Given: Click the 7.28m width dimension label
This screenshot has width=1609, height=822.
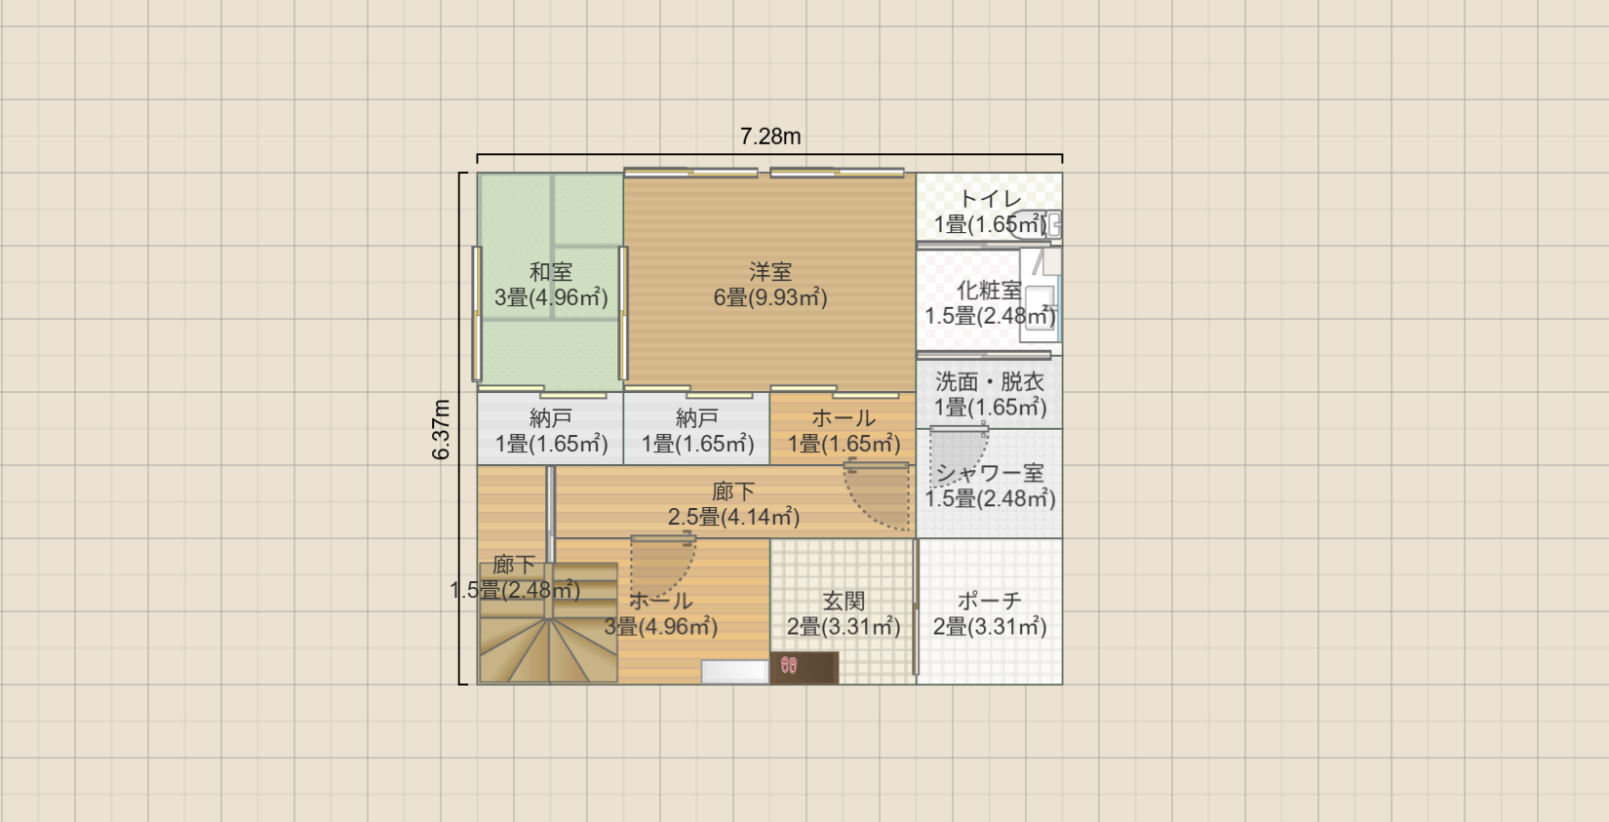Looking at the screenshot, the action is click(x=770, y=136).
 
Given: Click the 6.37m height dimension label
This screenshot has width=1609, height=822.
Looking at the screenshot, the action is click(x=441, y=430).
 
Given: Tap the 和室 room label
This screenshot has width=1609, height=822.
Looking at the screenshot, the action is click(x=551, y=272).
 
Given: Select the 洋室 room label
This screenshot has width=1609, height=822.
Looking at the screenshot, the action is click(x=770, y=272).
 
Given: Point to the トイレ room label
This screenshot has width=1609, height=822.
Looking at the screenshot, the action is click(x=990, y=199).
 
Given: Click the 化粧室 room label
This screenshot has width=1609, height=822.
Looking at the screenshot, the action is click(x=990, y=291).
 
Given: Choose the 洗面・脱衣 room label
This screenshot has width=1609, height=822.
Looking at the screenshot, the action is click(x=990, y=381).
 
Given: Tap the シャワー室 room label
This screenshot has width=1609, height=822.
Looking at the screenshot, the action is click(x=990, y=473).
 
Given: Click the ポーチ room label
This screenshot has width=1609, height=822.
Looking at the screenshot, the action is click(x=990, y=600).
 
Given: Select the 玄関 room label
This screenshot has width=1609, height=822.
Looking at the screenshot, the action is click(x=844, y=600).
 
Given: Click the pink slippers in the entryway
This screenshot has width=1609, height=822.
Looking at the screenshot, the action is click(x=789, y=665).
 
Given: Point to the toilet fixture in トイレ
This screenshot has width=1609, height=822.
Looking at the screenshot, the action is click(x=1035, y=224).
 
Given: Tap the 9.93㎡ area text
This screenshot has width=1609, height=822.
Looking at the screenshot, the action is click(x=788, y=297).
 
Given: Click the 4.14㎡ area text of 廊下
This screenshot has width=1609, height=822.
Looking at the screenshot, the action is click(x=760, y=517).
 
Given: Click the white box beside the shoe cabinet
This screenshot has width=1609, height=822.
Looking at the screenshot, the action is click(x=735, y=671).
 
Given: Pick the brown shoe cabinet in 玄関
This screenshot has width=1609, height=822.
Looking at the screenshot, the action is click(x=804, y=668).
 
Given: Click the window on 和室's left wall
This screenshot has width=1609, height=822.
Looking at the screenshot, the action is click(x=476, y=313).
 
